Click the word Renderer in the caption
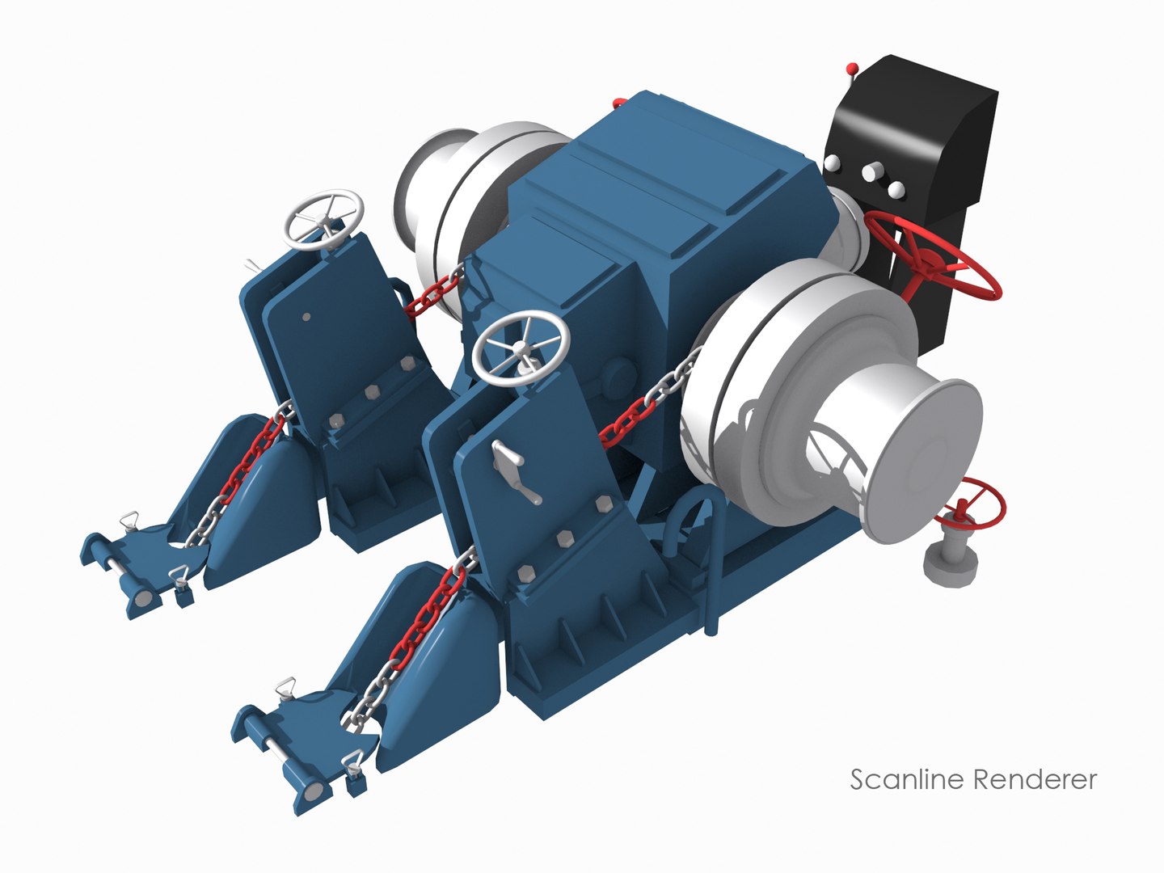[x=1035, y=780]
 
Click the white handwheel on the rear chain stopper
[x=324, y=217]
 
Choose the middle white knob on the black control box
[x=871, y=172]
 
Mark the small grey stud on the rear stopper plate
[x=306, y=317]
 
